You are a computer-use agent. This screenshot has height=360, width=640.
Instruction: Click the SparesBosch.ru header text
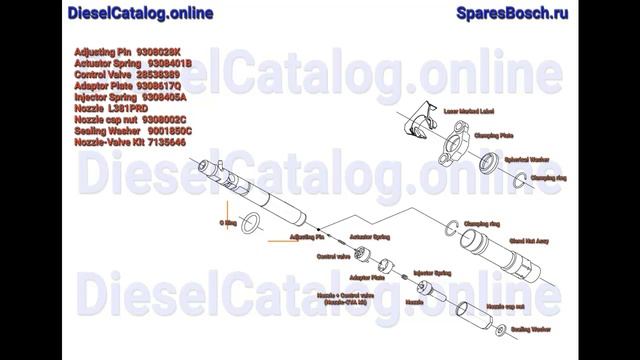(512, 13)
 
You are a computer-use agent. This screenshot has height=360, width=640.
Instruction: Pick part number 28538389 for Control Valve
(159, 74)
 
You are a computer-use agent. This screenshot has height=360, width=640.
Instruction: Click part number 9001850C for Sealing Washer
(170, 131)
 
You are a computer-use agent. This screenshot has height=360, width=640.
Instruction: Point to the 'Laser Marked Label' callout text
(451, 103)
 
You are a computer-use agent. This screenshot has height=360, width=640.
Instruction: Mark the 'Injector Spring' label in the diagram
(432, 271)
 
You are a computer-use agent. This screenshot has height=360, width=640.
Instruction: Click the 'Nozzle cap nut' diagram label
(506, 305)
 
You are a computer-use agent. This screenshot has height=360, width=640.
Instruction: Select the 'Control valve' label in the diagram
(333, 256)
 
